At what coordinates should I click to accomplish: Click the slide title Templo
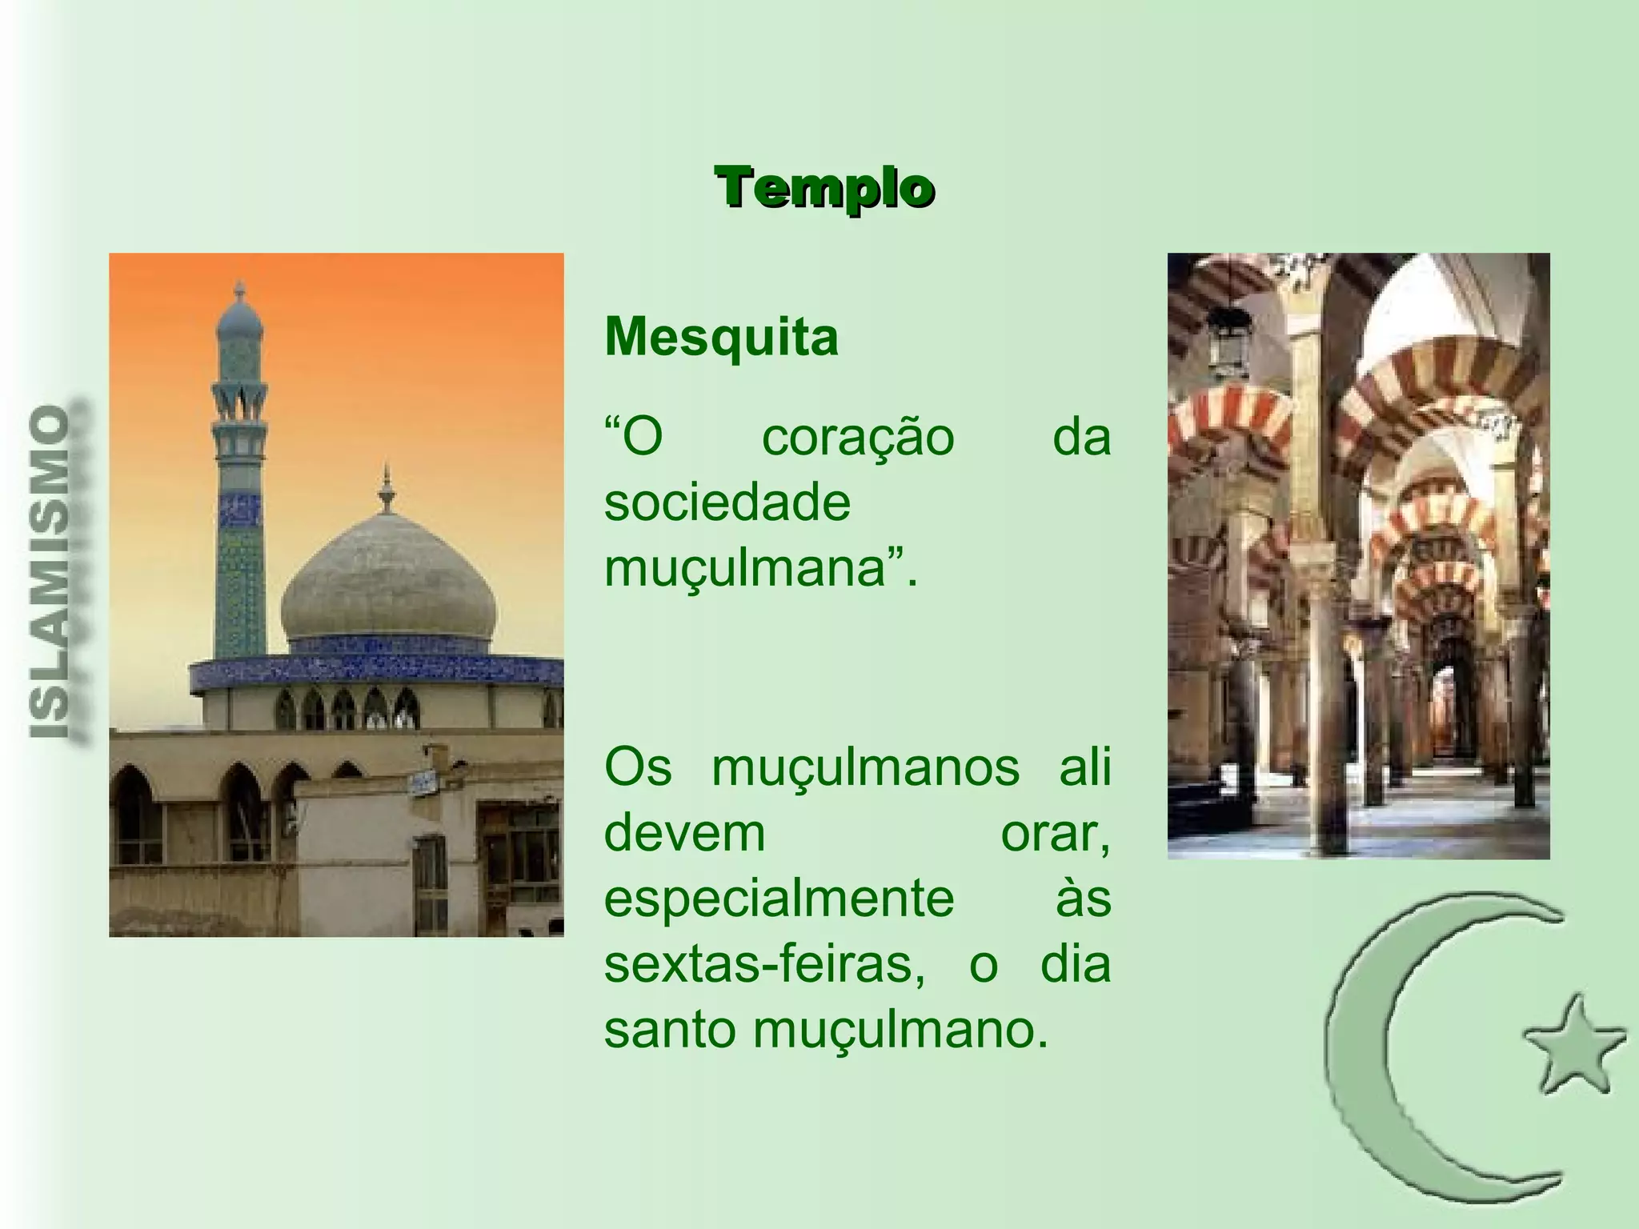(824, 189)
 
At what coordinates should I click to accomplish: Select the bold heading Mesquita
(721, 337)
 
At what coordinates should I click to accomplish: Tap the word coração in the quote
(858, 438)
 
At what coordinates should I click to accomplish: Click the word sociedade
(727, 503)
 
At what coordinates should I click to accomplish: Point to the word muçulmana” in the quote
(760, 570)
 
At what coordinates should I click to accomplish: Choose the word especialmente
(779, 899)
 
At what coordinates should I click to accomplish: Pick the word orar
(1055, 834)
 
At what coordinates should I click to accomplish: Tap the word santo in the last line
(669, 1030)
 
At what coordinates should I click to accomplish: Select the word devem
(685, 834)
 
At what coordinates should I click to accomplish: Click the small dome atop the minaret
(239, 316)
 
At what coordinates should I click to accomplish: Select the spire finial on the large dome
(387, 488)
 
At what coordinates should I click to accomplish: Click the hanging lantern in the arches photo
(1228, 340)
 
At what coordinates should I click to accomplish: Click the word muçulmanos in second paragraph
(865, 768)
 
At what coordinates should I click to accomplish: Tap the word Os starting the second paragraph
(637, 768)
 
